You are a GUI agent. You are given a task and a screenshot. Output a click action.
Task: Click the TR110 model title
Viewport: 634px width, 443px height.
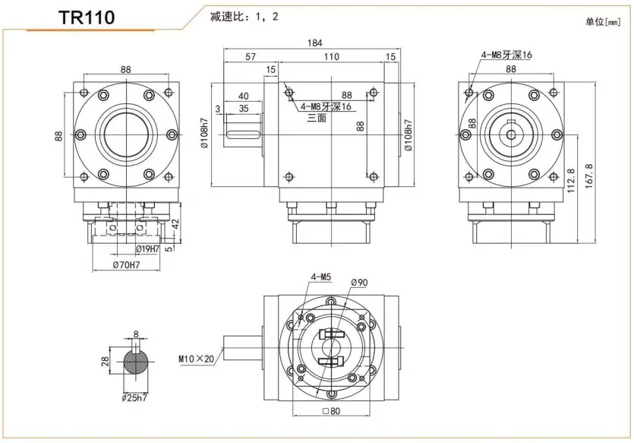tap(87, 17)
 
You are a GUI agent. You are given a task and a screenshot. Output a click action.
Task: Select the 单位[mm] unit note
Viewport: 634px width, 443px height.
tap(603, 22)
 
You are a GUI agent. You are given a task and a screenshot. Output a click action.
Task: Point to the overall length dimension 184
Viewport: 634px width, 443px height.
tap(313, 43)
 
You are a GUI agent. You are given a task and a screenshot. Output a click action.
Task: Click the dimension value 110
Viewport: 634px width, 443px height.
tap(331, 57)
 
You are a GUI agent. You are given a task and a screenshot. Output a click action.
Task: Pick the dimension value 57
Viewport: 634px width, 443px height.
tap(251, 57)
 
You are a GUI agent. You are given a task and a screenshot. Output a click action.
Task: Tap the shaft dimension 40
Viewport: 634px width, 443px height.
tap(244, 97)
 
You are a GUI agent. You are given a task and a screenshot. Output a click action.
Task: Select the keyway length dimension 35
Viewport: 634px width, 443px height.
tap(244, 109)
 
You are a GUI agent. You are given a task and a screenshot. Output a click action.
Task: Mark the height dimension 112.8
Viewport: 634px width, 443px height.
tap(571, 181)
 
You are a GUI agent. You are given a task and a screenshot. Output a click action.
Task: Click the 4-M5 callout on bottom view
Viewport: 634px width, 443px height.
tap(322, 276)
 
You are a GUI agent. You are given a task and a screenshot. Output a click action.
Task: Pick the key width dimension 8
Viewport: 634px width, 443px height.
tap(137, 334)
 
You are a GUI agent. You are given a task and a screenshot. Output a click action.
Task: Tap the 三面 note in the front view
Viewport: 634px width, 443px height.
tap(317, 119)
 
